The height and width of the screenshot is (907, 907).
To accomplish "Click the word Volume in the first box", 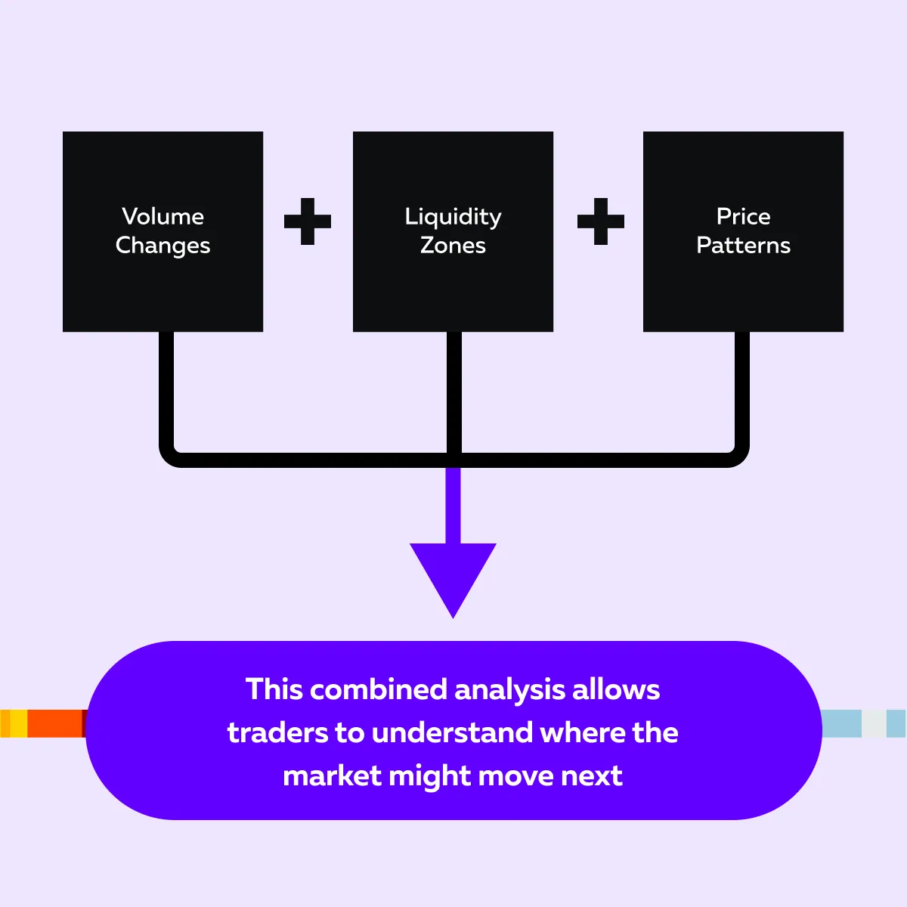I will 163,217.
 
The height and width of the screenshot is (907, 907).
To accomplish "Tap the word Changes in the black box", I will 163,246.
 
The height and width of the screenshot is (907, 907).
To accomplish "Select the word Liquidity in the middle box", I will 453,217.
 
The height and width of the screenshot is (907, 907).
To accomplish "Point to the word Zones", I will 453,246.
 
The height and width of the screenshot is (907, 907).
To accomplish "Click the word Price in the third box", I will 743,217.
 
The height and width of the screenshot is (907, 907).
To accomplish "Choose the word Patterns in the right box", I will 743,246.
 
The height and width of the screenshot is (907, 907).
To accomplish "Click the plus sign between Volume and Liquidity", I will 308,221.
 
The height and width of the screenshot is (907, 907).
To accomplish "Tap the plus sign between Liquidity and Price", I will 601,221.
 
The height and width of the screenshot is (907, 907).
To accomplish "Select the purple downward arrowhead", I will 453,574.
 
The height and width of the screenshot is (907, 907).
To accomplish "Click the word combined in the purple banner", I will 379,689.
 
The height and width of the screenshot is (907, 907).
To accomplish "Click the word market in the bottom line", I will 332,775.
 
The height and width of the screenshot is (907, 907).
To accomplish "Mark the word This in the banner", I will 273,689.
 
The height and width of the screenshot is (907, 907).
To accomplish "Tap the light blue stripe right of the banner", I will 841,723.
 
